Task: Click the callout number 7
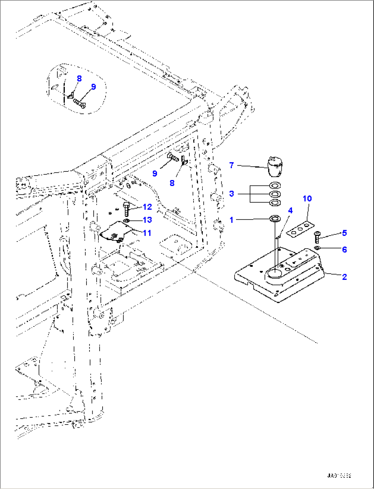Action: [x=232, y=166]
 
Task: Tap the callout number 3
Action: [x=232, y=194]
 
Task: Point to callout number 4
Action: [x=290, y=210]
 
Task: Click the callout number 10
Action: [x=307, y=199]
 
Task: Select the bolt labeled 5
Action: [x=317, y=237]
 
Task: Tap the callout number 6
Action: [x=344, y=249]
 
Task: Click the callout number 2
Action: [x=344, y=277]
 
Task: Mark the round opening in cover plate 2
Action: [x=274, y=274]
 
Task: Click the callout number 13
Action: [x=147, y=220]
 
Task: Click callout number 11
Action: [x=147, y=233]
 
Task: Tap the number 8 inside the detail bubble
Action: [x=79, y=79]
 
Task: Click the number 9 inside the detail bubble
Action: [x=93, y=87]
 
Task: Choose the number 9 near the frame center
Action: [x=155, y=174]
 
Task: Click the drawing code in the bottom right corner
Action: [x=339, y=476]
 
